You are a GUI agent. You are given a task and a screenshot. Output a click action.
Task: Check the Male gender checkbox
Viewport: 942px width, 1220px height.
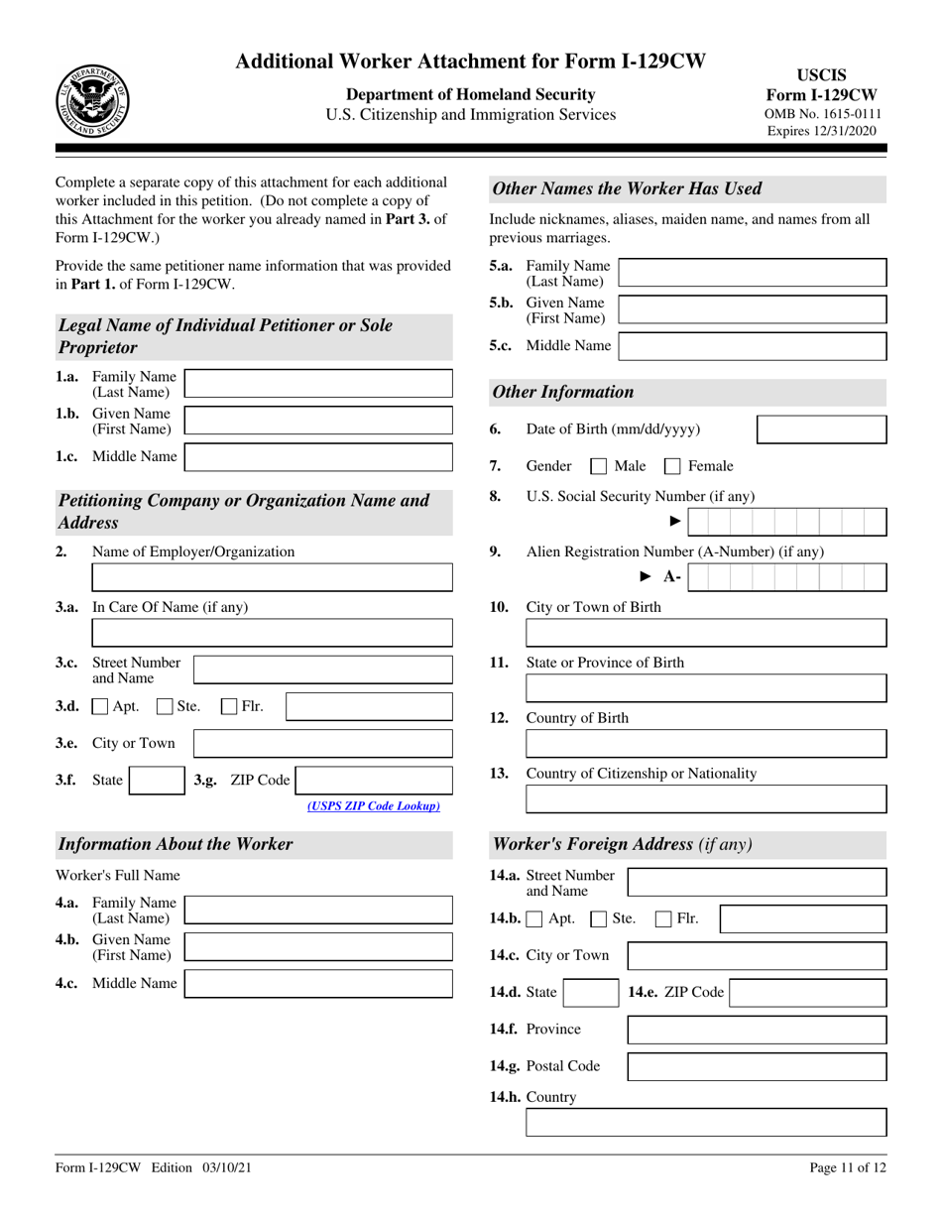[x=599, y=466]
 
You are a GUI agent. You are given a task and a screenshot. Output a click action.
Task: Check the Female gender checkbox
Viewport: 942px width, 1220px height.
[x=672, y=466]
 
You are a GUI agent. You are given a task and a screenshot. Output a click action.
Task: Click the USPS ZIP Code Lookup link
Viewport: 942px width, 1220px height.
[x=374, y=806]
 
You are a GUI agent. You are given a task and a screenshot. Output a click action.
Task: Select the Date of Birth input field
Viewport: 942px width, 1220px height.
[x=821, y=429]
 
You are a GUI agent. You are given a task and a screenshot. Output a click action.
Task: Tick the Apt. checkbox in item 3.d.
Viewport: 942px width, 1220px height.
[x=100, y=707]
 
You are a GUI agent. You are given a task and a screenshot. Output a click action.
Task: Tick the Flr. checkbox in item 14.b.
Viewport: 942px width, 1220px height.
[x=664, y=919]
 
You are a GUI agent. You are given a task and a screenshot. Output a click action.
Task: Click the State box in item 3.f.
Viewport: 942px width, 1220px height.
[x=157, y=781]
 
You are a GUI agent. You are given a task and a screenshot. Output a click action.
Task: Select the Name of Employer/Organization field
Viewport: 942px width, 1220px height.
[x=272, y=577]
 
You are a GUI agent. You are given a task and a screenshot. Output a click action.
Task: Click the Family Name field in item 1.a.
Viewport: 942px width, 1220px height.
[x=318, y=384]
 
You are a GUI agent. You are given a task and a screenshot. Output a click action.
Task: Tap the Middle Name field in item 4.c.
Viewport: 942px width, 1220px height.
[x=318, y=984]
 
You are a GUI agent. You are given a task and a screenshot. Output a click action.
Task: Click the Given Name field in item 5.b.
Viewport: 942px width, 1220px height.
[x=752, y=310]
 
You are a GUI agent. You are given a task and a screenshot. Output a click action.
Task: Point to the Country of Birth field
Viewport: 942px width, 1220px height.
[x=705, y=744]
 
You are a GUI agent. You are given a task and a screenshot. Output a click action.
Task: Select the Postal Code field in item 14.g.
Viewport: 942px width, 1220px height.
[x=758, y=1067]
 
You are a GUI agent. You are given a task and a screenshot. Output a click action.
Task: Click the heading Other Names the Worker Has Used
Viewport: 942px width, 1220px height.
[x=628, y=188]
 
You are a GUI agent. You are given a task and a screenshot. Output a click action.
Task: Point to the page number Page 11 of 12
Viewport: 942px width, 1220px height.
[x=848, y=1168]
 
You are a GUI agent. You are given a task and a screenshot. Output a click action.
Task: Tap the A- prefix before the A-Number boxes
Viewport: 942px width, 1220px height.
[x=672, y=577]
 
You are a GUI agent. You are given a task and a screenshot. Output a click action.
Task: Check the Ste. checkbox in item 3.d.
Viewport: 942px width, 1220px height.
[x=165, y=707]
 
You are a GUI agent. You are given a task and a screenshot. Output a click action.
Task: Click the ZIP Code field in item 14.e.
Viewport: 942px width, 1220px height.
[x=807, y=993]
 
